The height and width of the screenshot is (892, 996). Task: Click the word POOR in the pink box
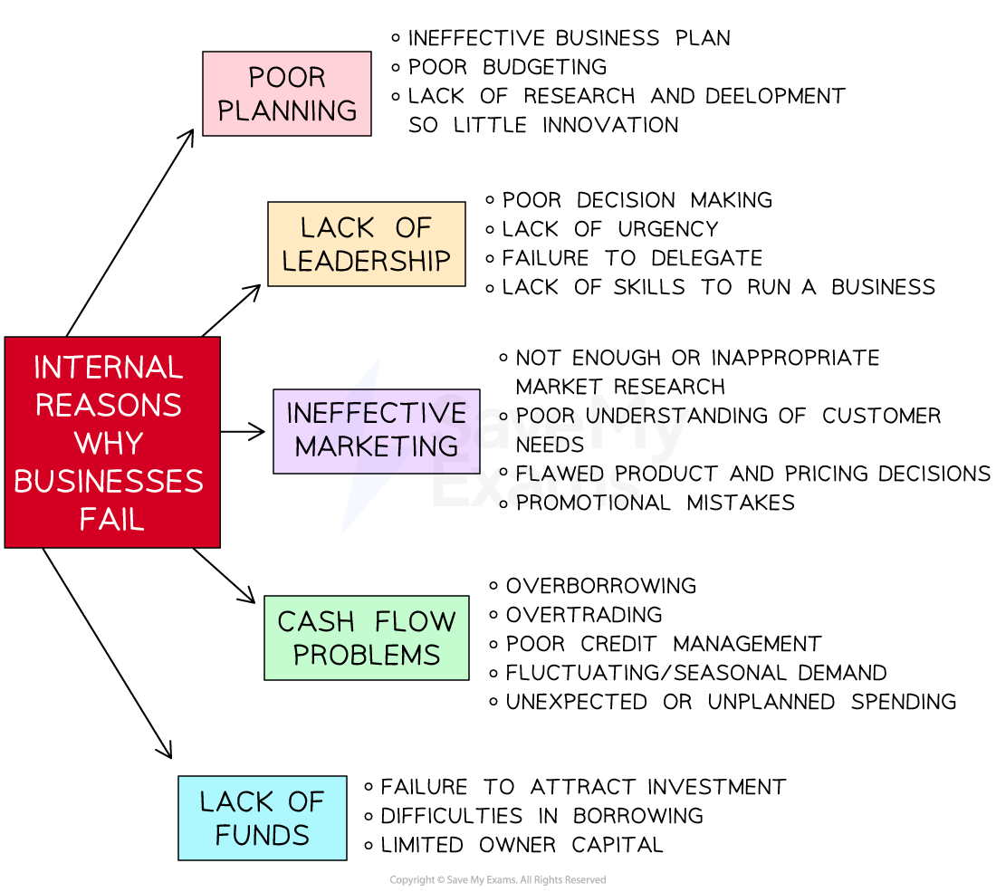pos(287,78)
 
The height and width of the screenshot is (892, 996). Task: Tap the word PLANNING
pos(287,110)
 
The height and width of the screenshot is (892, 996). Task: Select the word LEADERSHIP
pos(366,261)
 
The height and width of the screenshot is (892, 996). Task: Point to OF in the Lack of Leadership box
pos(414,228)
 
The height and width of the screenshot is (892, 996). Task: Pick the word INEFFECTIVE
pos(376,414)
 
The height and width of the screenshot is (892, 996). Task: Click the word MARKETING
pos(377,446)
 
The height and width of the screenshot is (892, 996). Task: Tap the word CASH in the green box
pos(316,622)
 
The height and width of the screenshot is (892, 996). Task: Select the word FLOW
pos(417,622)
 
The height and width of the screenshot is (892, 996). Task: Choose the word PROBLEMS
pos(367,655)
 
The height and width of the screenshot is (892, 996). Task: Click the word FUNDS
pos(263,835)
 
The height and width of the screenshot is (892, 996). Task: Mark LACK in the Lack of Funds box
pos(236,802)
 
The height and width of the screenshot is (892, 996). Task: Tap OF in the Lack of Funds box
pos(305,802)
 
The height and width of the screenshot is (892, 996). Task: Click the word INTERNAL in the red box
pos(109,368)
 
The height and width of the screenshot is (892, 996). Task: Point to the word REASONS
pos(109,406)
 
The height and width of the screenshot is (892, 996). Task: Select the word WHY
pos(109,444)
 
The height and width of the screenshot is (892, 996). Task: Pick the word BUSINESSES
pos(109,481)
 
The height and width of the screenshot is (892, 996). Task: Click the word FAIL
pos(111,520)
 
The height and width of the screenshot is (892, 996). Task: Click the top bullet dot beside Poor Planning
pos(396,38)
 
